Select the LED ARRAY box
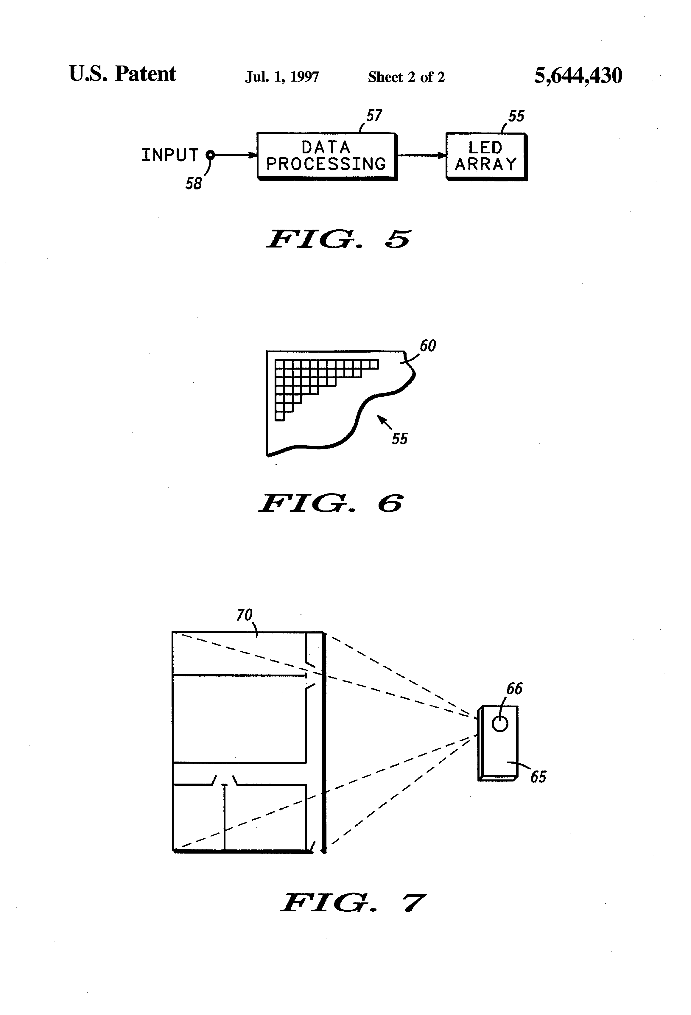486,156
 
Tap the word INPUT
170,155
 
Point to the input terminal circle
210,154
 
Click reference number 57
374,116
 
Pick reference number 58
194,183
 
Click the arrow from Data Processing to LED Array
421,155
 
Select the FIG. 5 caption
339,239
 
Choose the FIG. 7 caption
352,903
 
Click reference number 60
428,346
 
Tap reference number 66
514,689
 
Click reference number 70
244,615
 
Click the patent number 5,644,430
578,76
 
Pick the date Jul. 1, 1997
282,77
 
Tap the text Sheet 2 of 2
406,77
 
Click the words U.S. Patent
122,74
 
